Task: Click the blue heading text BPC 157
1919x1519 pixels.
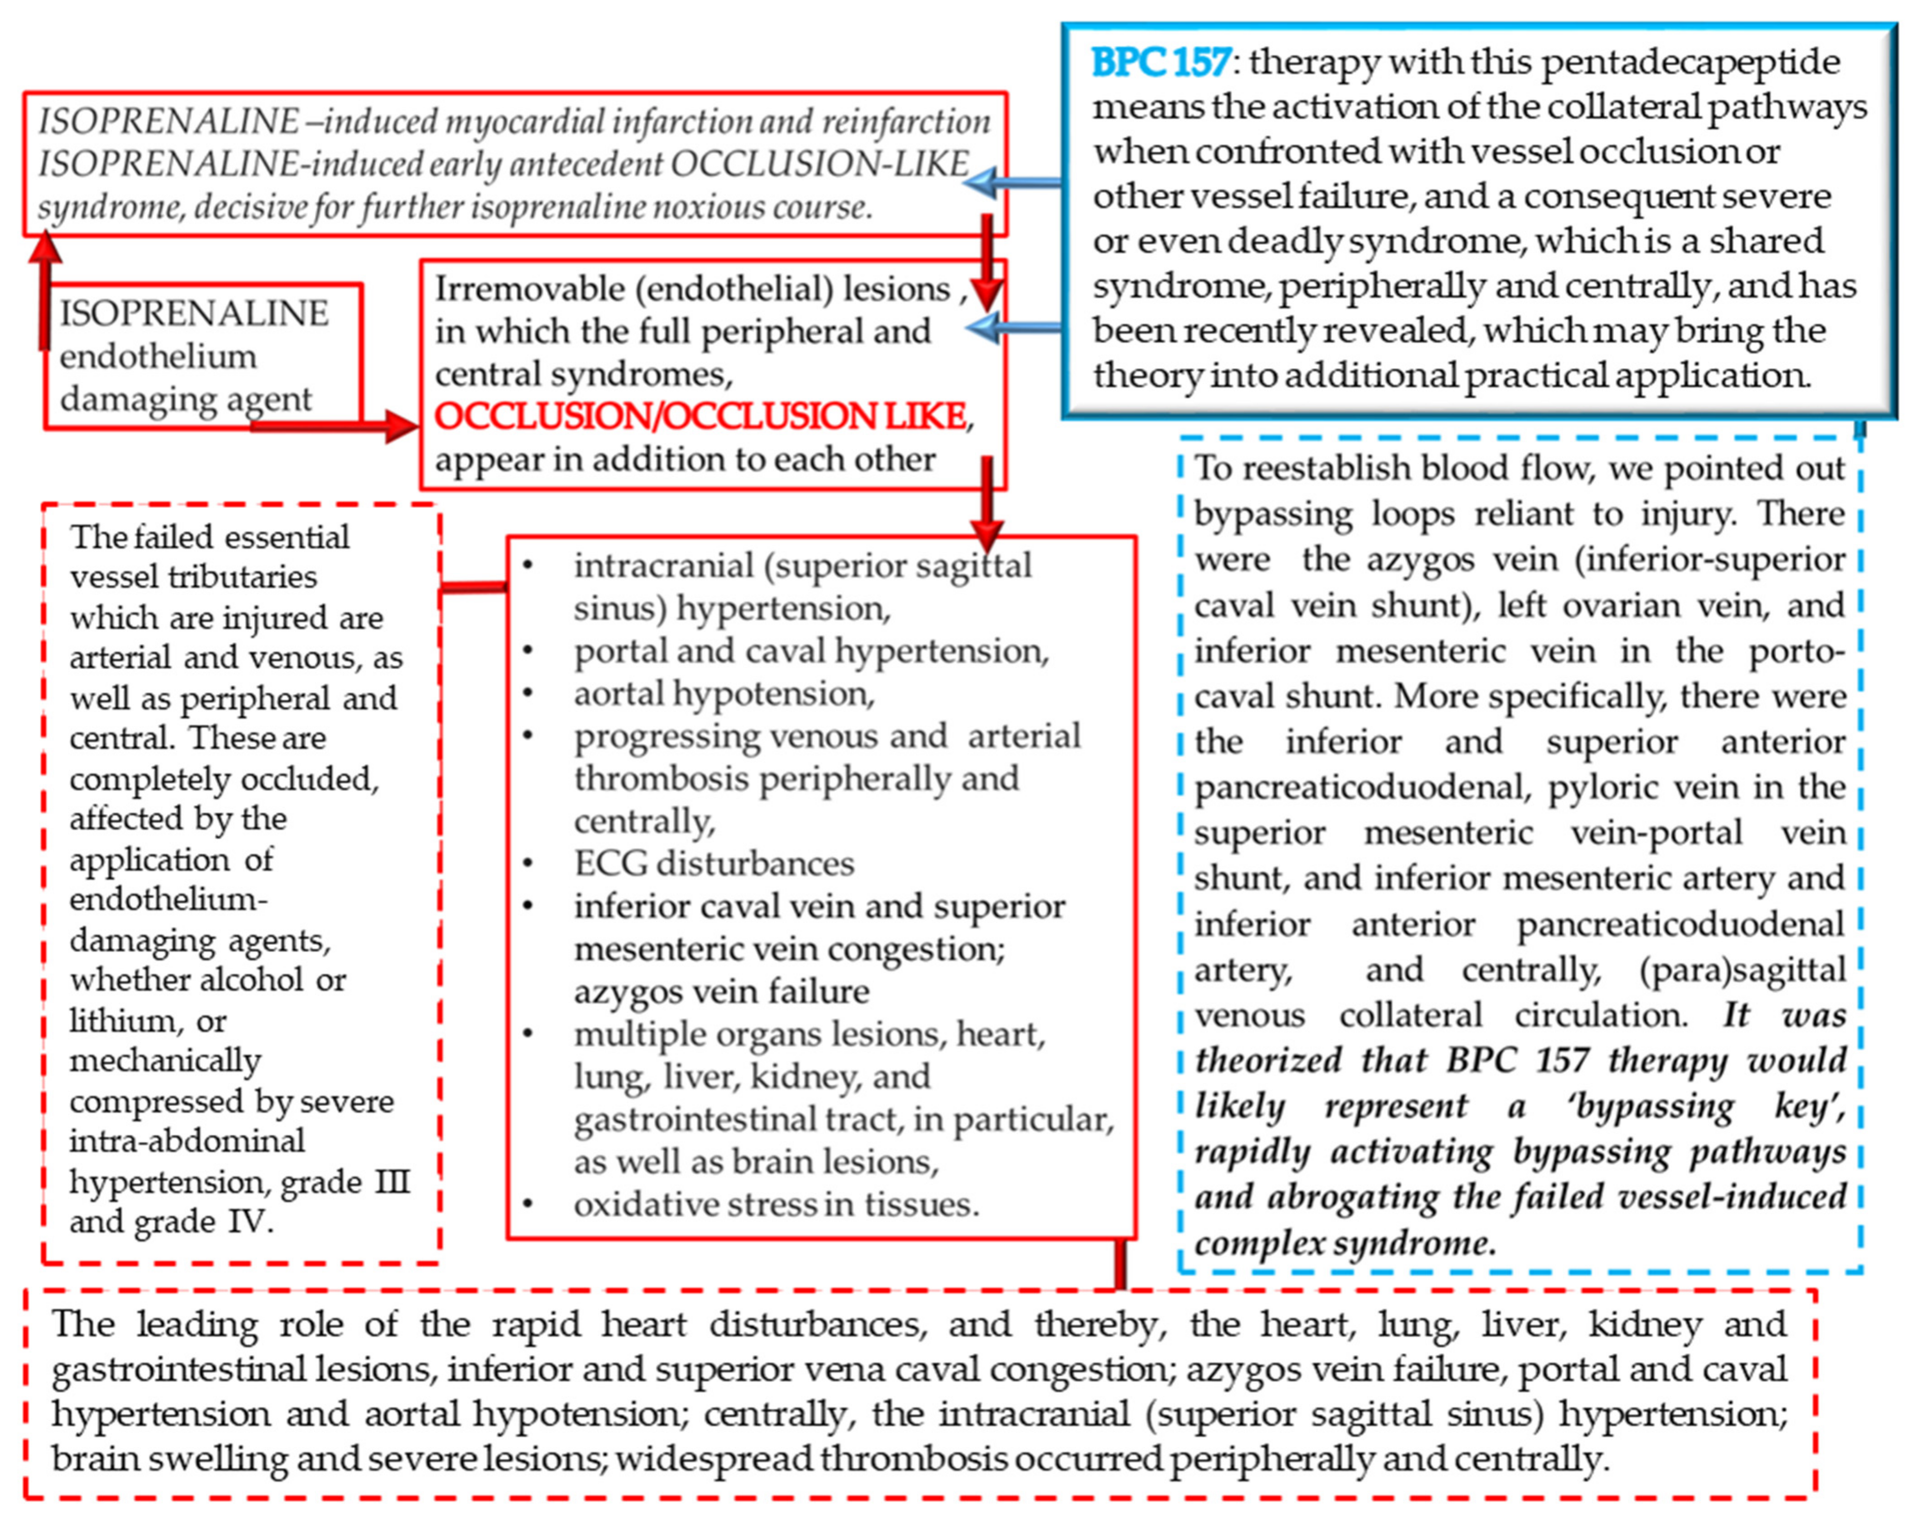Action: [1160, 62]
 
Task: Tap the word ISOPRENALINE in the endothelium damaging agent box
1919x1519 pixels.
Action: [194, 313]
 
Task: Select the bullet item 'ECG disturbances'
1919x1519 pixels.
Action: [713, 863]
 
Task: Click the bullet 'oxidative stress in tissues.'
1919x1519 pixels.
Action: [776, 1204]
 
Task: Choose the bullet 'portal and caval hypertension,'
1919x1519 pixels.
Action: [810, 651]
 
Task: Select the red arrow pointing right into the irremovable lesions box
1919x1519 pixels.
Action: [338, 427]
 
